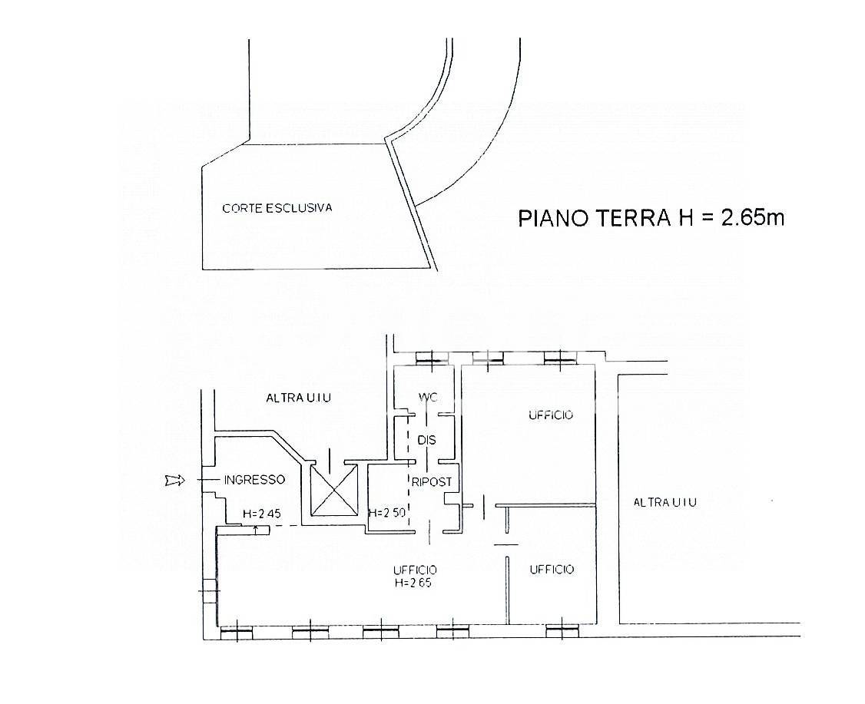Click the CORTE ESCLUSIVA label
(x=277, y=208)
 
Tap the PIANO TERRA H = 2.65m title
(x=651, y=218)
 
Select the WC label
(x=428, y=397)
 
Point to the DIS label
(x=426, y=440)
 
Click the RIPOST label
(x=432, y=482)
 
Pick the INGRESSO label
(x=254, y=480)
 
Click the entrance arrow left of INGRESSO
(x=175, y=481)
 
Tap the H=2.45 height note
(x=261, y=514)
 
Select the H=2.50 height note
(x=386, y=512)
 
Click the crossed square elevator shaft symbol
(x=333, y=490)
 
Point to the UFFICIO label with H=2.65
(x=415, y=576)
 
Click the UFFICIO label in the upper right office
(x=551, y=415)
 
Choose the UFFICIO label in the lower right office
(x=552, y=570)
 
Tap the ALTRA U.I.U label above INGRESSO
(x=298, y=398)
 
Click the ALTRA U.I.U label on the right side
(x=664, y=502)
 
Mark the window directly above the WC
(x=432, y=359)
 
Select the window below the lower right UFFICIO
(x=562, y=630)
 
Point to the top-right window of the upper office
(x=561, y=359)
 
